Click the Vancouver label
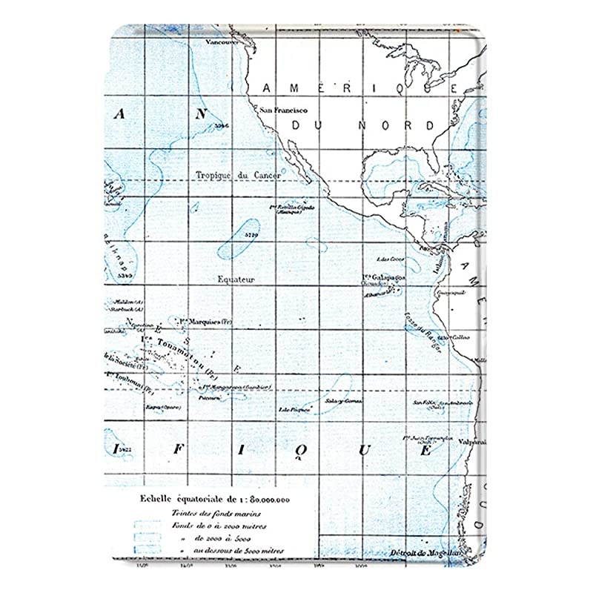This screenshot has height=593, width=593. pyautogui.click(x=224, y=42)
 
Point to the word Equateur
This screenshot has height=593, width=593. pyautogui.click(x=237, y=279)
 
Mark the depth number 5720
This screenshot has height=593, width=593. pyautogui.click(x=250, y=236)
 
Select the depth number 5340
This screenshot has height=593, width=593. pyautogui.click(x=125, y=275)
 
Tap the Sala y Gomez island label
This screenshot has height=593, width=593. pyautogui.click(x=343, y=401)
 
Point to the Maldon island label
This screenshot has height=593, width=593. pyautogui.click(x=120, y=302)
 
